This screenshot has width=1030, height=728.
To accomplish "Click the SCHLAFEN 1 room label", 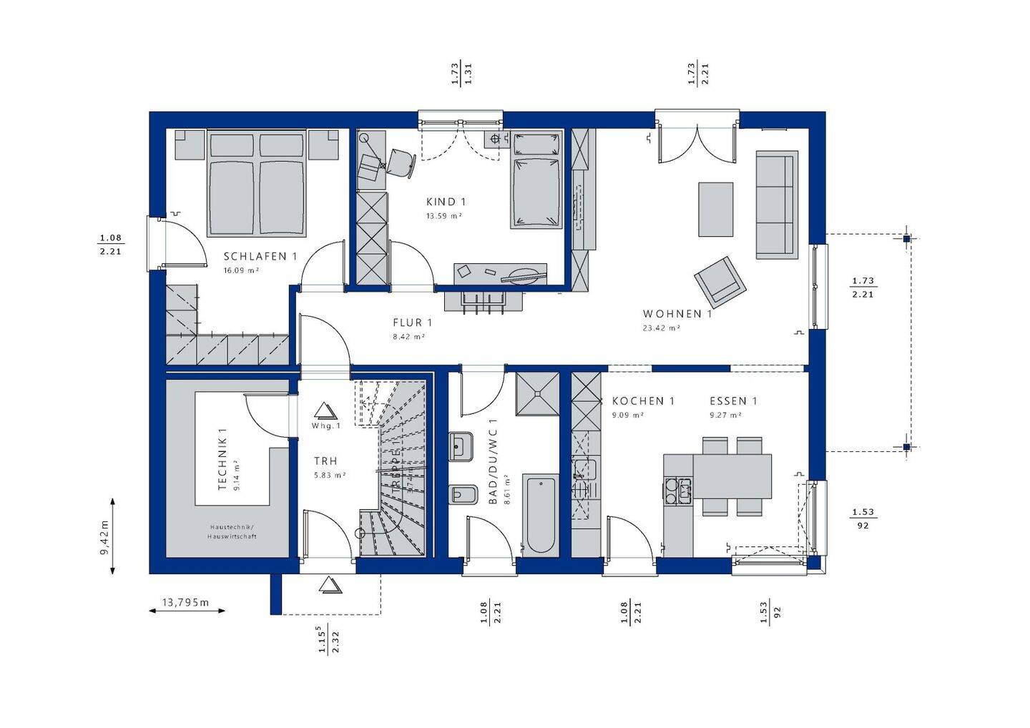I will click(x=260, y=256).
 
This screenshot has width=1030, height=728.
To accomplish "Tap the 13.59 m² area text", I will click(x=443, y=215).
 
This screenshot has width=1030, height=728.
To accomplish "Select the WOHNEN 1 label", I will click(x=677, y=314).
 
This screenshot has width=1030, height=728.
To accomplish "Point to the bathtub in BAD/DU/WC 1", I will click(x=541, y=514).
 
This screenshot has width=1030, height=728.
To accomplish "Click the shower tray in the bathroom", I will click(x=536, y=393).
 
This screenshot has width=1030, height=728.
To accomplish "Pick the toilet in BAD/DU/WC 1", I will click(x=462, y=494).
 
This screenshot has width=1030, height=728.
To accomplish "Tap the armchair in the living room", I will click(x=720, y=280).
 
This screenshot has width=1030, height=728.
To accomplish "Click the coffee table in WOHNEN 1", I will click(x=715, y=210).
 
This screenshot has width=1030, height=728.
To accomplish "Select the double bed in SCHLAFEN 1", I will click(x=257, y=185).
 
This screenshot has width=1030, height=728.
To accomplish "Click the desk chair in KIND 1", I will click(x=401, y=162).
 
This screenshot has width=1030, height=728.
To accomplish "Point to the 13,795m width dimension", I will click(x=185, y=603).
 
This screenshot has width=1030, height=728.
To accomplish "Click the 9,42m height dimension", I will click(x=104, y=536).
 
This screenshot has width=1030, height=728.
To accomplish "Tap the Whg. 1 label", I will click(x=325, y=426).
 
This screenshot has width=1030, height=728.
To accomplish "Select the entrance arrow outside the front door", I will click(x=330, y=585).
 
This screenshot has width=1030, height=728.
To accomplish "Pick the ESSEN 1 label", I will click(x=733, y=401).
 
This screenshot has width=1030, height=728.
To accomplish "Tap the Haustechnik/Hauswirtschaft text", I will click(x=232, y=531).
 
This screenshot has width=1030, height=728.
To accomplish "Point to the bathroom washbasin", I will click(x=461, y=448).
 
